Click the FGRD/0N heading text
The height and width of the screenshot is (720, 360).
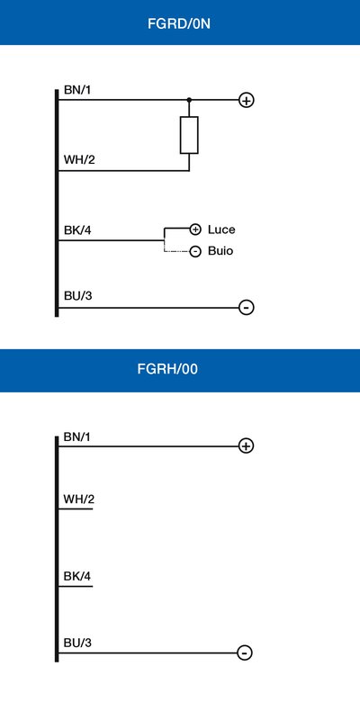[179, 24]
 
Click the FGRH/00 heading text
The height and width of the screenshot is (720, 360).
[167, 369]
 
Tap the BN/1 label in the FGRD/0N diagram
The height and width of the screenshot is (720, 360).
[77, 90]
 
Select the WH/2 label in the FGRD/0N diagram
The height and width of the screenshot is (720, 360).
[79, 160]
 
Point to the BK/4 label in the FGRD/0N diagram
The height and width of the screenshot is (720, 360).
[77, 230]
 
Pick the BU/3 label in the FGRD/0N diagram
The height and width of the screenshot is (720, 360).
[78, 296]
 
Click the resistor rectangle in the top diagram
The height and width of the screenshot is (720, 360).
[189, 135]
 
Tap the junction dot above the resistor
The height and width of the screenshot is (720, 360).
[189, 100]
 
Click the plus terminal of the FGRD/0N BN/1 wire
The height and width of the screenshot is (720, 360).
[247, 100]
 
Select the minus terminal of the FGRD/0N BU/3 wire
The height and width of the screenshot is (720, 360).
[247, 307]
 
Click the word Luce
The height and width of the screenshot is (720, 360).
[221, 229]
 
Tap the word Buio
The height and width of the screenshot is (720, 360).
[220, 251]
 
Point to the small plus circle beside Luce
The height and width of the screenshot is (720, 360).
[195, 229]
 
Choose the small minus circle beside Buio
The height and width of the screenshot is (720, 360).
[195, 252]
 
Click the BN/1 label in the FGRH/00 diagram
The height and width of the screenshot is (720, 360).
[77, 436]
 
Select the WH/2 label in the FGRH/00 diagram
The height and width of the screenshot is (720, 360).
[79, 499]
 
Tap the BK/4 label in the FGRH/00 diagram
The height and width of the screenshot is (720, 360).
[77, 576]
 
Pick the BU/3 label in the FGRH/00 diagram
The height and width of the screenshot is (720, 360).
[78, 643]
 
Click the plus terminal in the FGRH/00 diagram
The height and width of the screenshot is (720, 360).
[246, 445]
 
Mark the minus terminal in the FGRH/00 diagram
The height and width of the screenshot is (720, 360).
[245, 652]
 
